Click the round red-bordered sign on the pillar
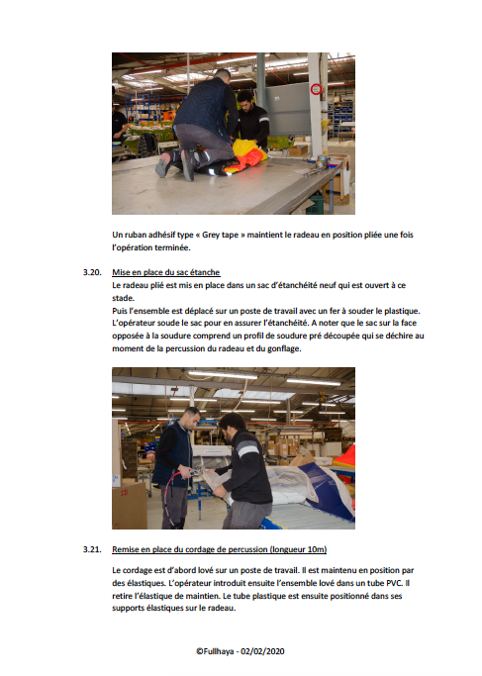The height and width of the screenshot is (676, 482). point(316,89)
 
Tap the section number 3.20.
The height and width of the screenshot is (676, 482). point(92,272)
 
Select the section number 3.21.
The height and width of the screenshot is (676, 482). point(92,549)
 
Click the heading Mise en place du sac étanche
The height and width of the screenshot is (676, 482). point(166,272)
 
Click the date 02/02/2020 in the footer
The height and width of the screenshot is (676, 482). point(262,651)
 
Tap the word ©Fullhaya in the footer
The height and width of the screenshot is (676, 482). point(215,651)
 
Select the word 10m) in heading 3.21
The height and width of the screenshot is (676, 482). point(317,549)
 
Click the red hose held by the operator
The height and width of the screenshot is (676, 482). point(169,496)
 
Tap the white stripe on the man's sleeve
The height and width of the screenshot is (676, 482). point(247,450)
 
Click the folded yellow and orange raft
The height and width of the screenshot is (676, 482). point(244,157)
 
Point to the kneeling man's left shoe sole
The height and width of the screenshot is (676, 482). point(162,166)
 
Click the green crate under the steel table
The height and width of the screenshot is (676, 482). point(315,203)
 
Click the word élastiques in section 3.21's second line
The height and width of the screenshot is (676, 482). point(146,583)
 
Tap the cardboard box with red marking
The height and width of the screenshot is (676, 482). point(129,506)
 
